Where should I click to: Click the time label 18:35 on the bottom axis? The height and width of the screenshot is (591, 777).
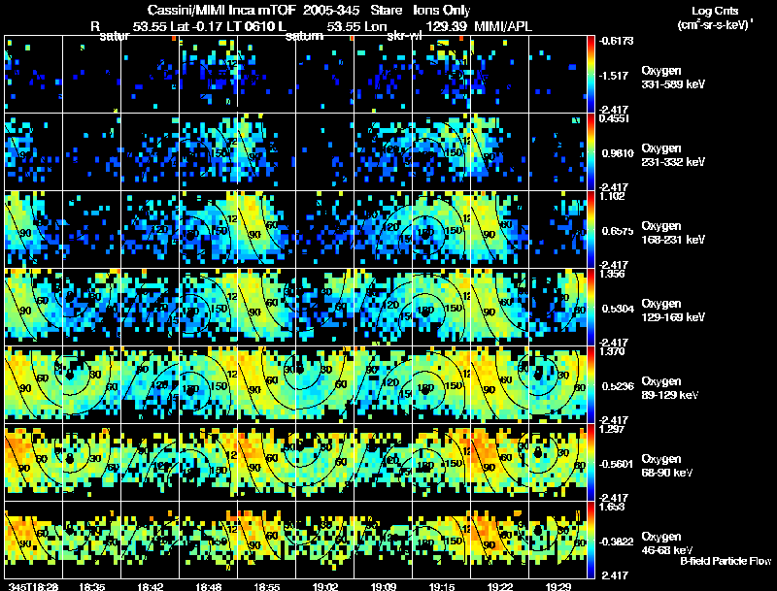coord(93,585)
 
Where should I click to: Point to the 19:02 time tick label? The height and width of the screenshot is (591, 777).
coord(325,585)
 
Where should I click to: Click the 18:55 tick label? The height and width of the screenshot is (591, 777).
coord(267,585)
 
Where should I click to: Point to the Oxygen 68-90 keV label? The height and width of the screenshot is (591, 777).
coord(667,465)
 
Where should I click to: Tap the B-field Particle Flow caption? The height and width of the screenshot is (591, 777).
coord(725,561)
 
